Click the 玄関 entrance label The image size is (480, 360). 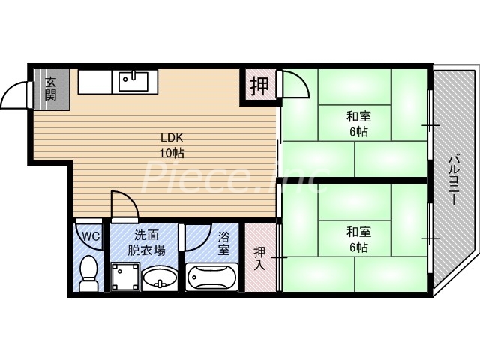click(50, 88)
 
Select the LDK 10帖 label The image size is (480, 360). click(172, 145)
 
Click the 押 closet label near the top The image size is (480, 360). click(259, 85)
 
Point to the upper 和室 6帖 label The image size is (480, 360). click(357, 124)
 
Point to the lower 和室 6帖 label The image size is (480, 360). click(357, 239)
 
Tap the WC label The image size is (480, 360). click(90, 237)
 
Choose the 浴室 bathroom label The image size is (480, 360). click(223, 243)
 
